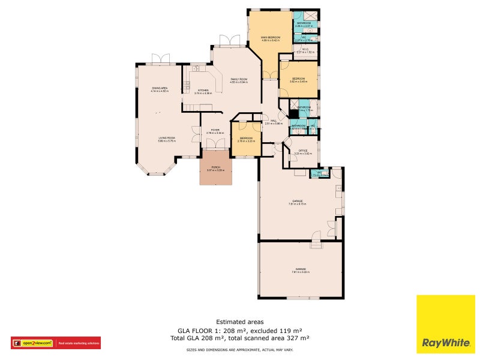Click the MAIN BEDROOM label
tap(270, 38)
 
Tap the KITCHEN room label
tap(205, 91)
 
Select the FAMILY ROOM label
tap(239, 79)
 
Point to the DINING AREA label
tap(160, 88)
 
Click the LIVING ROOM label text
tap(167, 139)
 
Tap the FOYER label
tap(214, 130)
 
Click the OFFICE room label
tap(303, 151)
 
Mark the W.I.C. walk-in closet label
tap(305, 49)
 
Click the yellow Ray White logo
tap(446, 324)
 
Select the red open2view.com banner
tap(55, 343)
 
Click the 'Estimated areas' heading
tap(239, 322)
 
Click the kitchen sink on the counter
tap(196, 68)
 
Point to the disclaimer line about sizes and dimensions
tap(239, 349)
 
